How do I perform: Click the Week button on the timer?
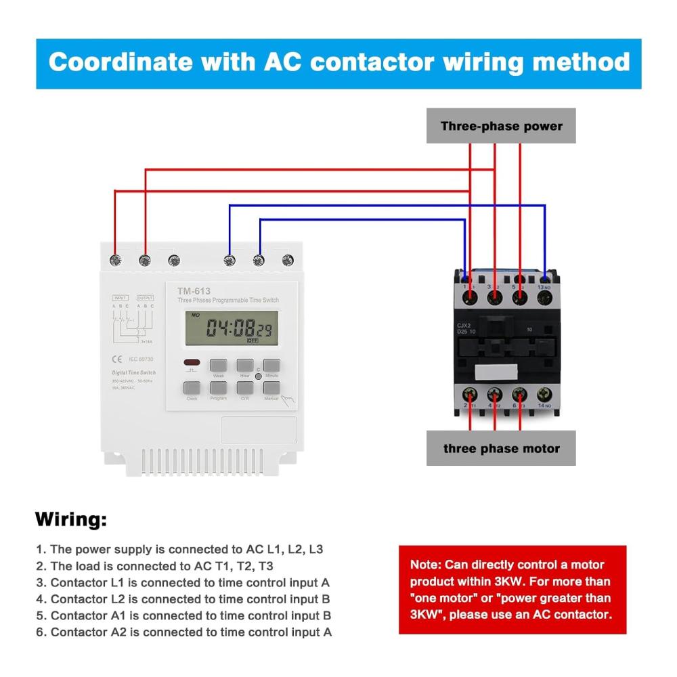[x=218, y=367]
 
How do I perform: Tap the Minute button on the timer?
[x=271, y=367]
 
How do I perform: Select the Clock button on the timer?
[x=192, y=389]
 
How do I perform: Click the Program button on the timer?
[x=218, y=389]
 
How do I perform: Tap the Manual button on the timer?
[x=271, y=389]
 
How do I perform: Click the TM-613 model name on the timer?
[x=194, y=291]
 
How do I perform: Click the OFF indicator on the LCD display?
[x=252, y=341]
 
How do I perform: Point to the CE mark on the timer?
[x=116, y=359]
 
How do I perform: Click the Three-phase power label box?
[x=501, y=126]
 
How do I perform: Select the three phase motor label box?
[x=501, y=448]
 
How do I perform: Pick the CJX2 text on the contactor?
[x=464, y=324]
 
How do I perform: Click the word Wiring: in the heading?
[x=71, y=521]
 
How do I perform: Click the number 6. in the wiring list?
[x=41, y=632]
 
